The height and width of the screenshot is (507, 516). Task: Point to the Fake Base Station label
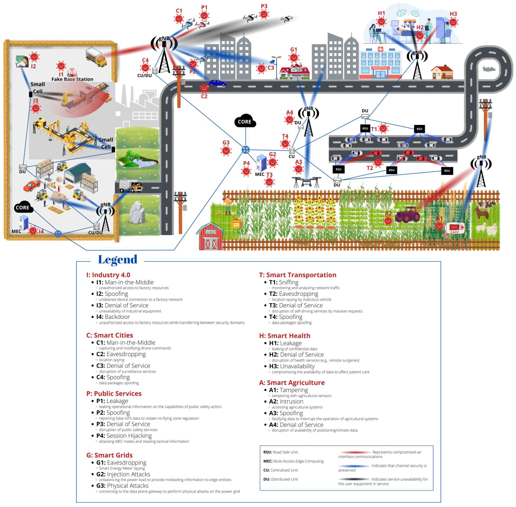pyautogui.click(x=72, y=79)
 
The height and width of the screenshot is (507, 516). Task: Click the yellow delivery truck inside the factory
pyautogui.click(x=96, y=57)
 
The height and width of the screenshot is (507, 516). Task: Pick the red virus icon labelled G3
pyautogui.click(x=226, y=151)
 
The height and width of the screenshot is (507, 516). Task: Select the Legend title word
pyautogui.click(x=118, y=260)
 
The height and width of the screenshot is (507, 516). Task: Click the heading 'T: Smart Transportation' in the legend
pyautogui.click(x=297, y=275)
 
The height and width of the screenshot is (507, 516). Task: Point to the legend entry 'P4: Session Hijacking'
pyautogui.click(x=124, y=436)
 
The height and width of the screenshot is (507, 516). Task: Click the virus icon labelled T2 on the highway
pyautogui.click(x=378, y=162)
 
